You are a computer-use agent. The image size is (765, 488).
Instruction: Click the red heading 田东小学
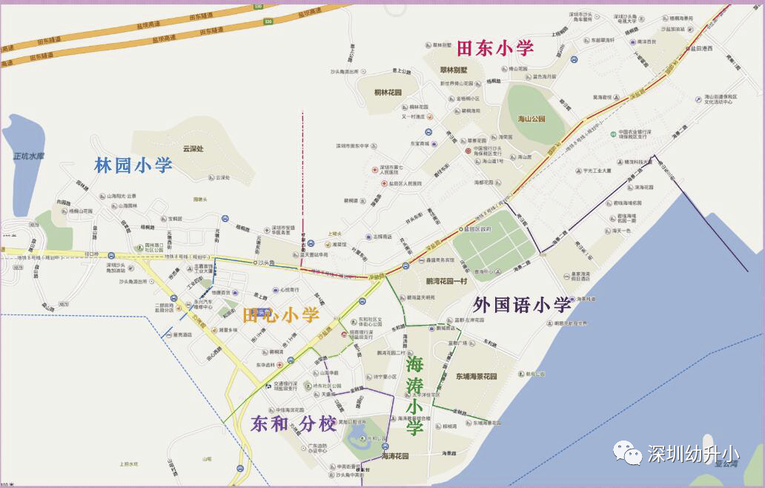(494, 49)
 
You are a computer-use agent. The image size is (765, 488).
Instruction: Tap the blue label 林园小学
(133, 165)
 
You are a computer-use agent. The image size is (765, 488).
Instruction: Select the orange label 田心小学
(280, 315)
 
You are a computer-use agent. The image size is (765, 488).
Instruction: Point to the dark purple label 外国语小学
(522, 304)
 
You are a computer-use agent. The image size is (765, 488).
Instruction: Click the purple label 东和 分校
(294, 423)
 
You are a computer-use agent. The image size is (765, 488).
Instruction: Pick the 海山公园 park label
(531, 119)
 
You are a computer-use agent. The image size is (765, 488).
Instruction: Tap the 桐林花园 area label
(387, 93)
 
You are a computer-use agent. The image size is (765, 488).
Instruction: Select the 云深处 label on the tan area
(193, 148)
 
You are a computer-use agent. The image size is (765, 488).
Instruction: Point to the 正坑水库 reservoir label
(29, 156)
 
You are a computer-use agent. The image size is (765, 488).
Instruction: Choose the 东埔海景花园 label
(476, 377)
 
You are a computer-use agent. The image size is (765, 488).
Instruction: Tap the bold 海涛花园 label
(394, 456)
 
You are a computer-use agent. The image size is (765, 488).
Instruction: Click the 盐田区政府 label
(478, 229)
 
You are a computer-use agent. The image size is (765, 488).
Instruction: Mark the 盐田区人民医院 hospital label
(404, 182)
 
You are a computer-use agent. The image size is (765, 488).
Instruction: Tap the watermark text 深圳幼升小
(692, 453)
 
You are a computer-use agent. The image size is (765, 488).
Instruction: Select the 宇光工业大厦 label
(597, 171)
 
